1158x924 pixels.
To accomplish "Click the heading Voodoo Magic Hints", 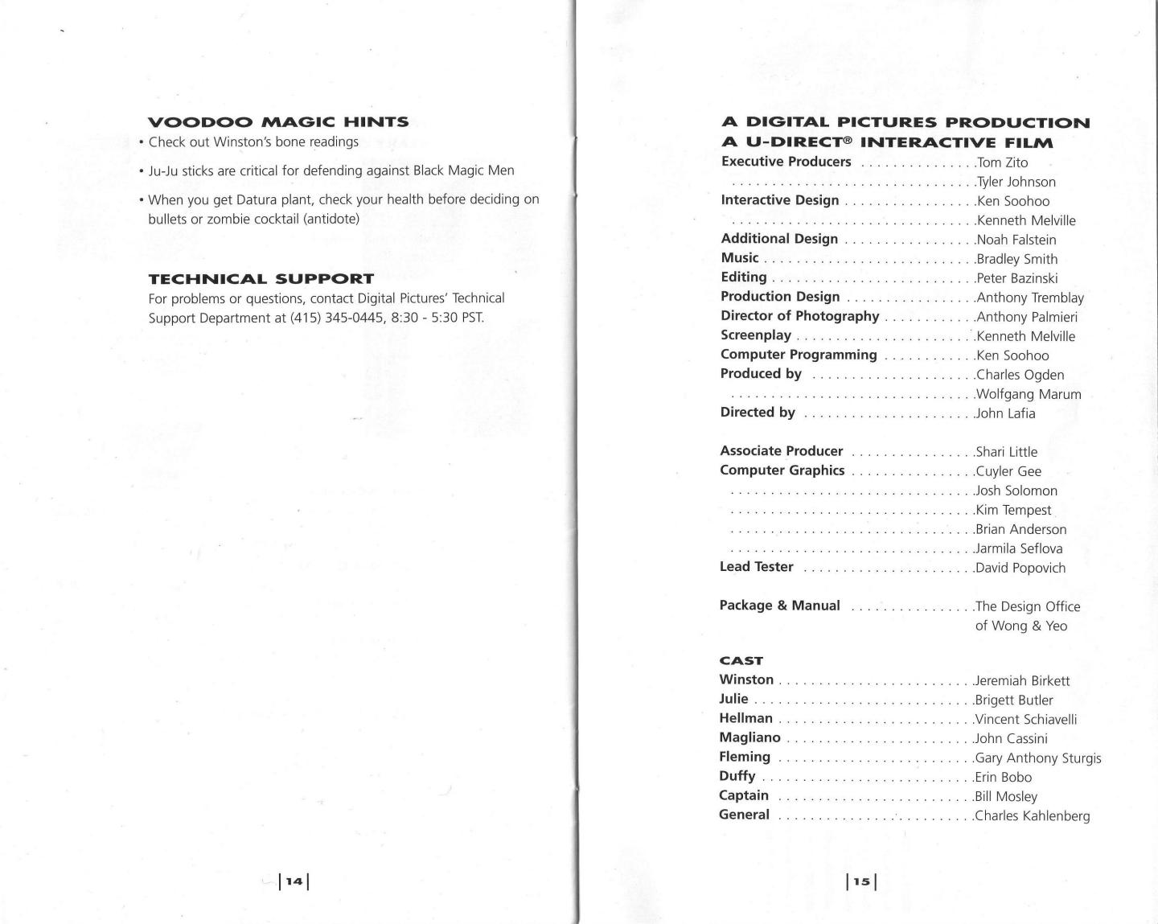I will (x=278, y=122).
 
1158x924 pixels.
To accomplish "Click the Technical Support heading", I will (x=261, y=279).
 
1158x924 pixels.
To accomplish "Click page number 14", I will (x=294, y=881).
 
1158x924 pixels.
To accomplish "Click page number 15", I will (x=861, y=881).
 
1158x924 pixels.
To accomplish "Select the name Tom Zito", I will (x=1002, y=162).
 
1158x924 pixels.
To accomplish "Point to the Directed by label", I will (x=758, y=413).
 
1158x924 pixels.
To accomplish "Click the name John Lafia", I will (x=1005, y=413).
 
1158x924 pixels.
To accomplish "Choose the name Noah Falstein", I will (x=1016, y=240).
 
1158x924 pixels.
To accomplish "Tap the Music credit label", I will (x=740, y=258).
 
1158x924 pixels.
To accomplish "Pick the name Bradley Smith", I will (x=1017, y=259).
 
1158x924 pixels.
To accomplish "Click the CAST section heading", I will (x=741, y=661).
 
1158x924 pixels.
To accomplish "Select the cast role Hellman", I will (x=745, y=718).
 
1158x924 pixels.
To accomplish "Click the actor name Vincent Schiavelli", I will (x=1026, y=719).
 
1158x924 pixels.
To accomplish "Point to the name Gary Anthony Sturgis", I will (x=1038, y=758).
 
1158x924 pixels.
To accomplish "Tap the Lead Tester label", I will (x=756, y=567).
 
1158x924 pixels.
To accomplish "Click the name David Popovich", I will (x=1020, y=568).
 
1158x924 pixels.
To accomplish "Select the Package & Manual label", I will (x=779, y=606).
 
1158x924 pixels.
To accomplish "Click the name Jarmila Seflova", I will (x=1019, y=548).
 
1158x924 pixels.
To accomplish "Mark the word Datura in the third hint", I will (x=257, y=199).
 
